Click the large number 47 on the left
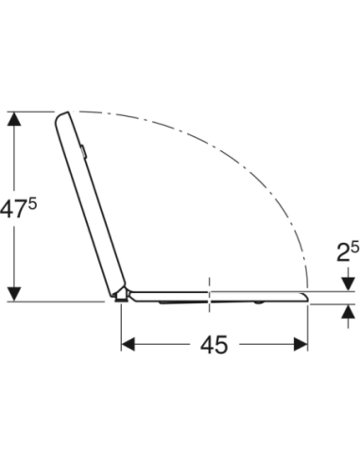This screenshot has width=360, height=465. click(x=12, y=210)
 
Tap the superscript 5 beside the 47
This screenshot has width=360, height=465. click(x=32, y=205)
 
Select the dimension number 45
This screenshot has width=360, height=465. click(x=214, y=344)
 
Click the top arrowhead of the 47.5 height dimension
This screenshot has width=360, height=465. click(x=14, y=119)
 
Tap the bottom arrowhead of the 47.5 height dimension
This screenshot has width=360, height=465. click(x=14, y=294)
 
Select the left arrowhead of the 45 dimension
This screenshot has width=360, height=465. click(x=129, y=344)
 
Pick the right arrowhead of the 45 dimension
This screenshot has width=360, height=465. click(x=300, y=344)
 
